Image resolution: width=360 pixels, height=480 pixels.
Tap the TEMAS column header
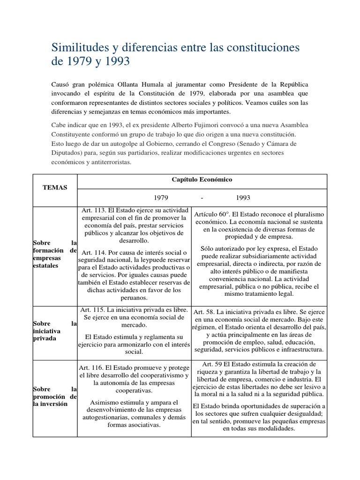[55, 187]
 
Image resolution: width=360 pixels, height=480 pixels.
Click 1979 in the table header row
[161, 198]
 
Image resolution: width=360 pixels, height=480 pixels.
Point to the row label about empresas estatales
[54, 254]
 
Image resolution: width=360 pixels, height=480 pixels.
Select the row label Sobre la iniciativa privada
[54, 331]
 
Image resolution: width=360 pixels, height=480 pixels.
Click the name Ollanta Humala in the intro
[151, 84]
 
